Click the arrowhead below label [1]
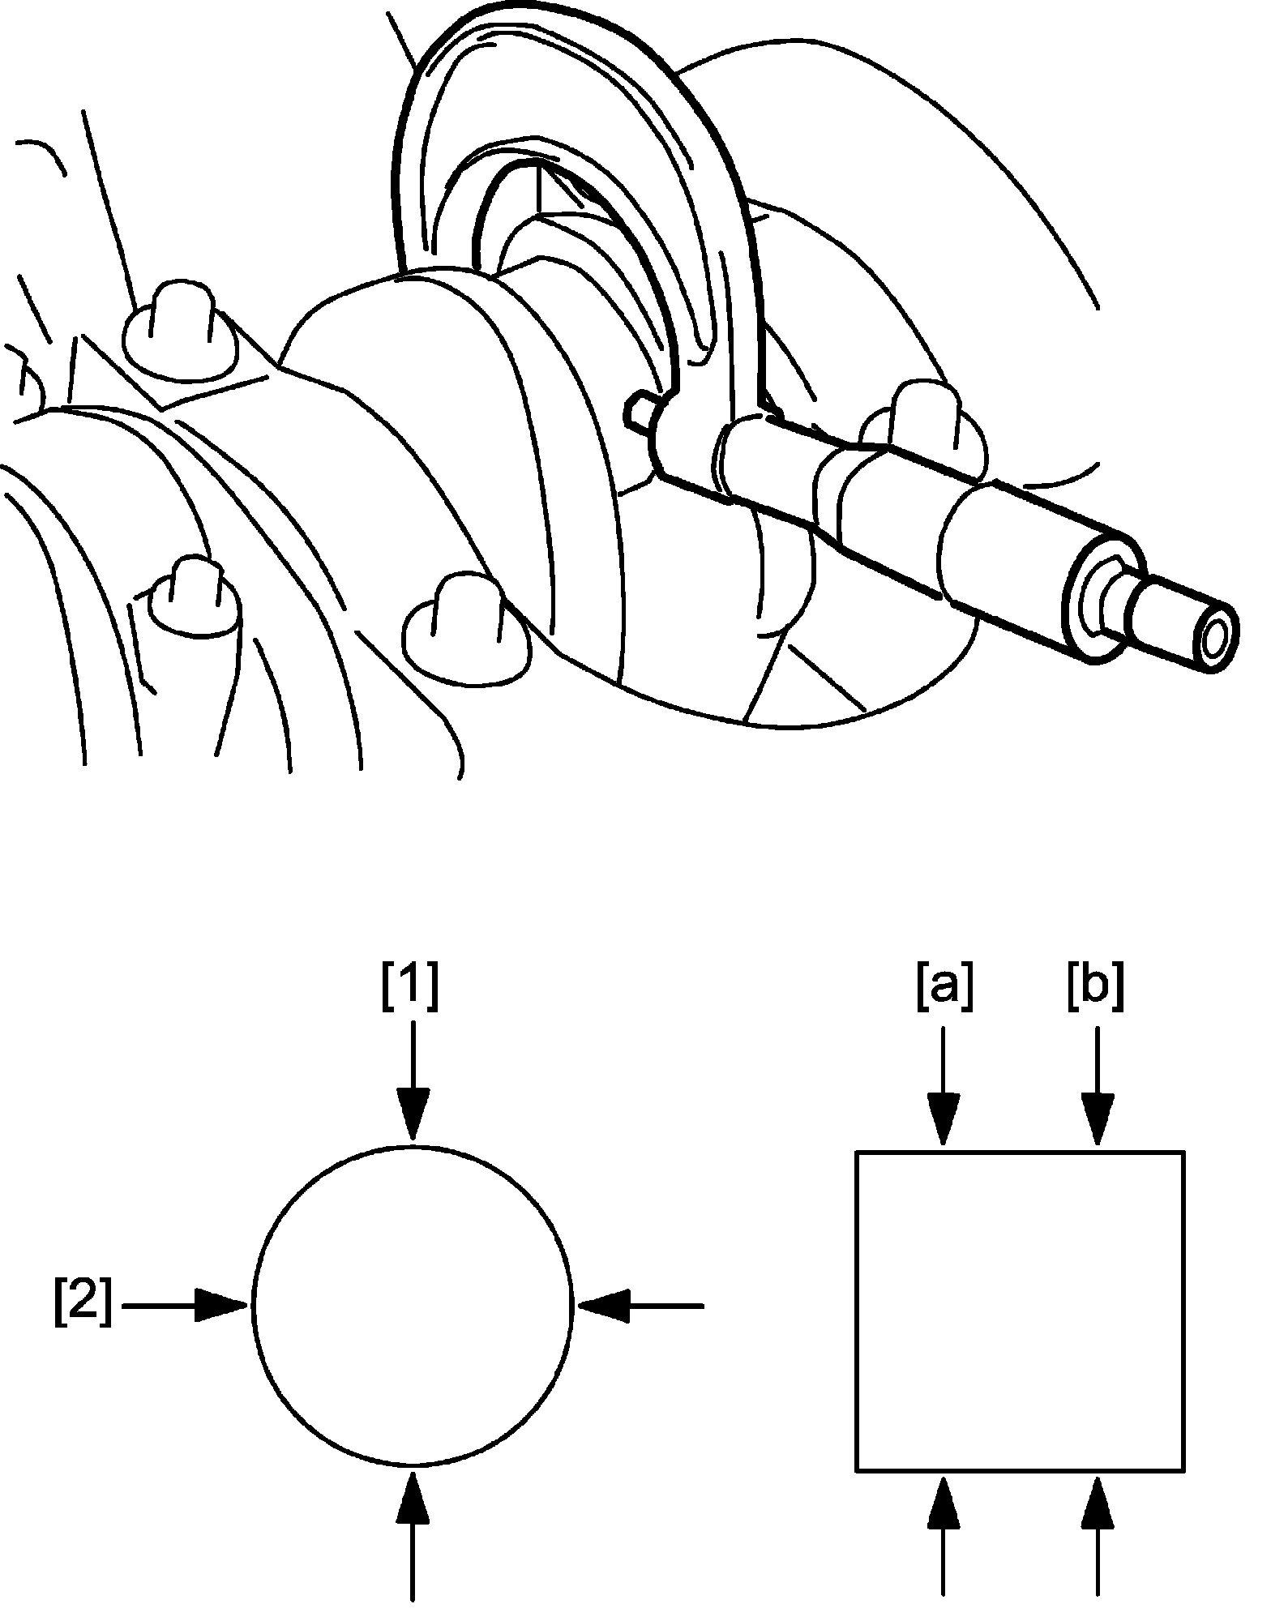coord(413,1118)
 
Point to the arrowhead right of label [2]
coord(220,1306)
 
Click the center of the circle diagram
coord(413,1305)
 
